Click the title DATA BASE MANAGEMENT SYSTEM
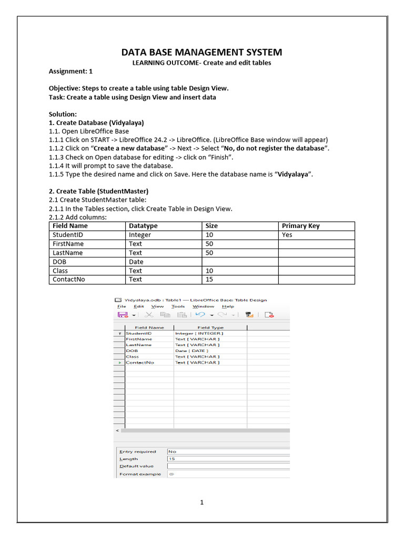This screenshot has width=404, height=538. click(x=201, y=52)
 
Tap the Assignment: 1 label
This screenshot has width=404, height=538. click(x=70, y=71)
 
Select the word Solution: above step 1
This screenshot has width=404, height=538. click(x=63, y=114)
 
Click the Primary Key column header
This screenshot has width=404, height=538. click(x=300, y=226)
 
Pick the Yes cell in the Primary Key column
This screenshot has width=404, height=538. click(x=287, y=235)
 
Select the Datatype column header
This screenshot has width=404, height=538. click(x=143, y=226)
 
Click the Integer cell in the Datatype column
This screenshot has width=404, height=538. click(x=140, y=235)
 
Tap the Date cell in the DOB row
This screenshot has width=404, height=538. click(x=136, y=262)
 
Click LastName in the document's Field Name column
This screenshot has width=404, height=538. click(x=68, y=253)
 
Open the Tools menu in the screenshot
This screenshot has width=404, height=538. click(x=178, y=306)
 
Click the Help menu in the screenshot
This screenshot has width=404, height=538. click(x=228, y=306)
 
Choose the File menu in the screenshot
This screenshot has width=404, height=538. click(x=122, y=306)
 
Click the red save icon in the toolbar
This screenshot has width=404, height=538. click(x=123, y=315)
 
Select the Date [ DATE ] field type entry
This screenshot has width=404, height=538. click(x=191, y=350)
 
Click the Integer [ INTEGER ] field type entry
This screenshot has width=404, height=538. click(x=199, y=333)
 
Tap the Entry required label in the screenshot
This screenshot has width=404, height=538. click(x=137, y=451)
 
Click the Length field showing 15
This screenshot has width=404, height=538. click(x=226, y=459)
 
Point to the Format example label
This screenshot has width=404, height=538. click(x=140, y=474)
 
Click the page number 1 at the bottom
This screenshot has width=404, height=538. click(x=201, y=502)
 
